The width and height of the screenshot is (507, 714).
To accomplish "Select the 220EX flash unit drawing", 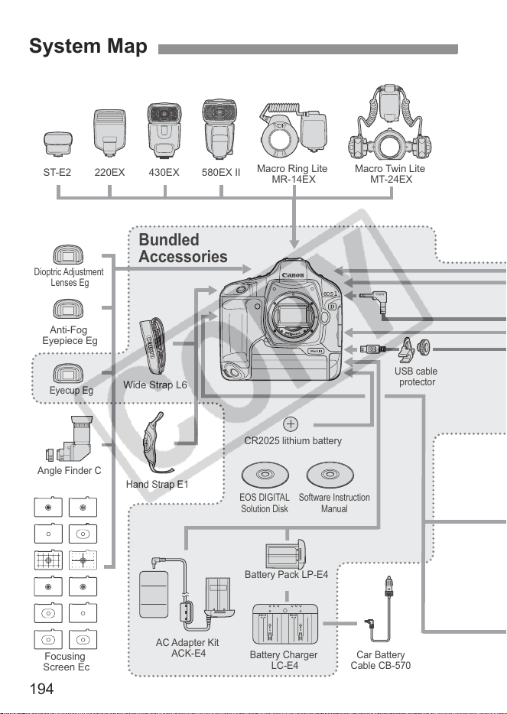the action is click(x=109, y=133).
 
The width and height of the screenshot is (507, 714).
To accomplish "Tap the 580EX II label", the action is click(x=221, y=173).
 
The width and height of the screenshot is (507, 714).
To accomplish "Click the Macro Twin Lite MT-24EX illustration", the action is click(x=390, y=122).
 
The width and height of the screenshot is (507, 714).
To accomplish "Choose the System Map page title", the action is click(x=89, y=47).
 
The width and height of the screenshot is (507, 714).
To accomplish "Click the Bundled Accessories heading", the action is click(x=183, y=248).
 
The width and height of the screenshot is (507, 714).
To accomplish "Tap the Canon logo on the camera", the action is click(x=293, y=274).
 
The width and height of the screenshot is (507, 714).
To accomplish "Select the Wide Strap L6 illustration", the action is click(x=153, y=346).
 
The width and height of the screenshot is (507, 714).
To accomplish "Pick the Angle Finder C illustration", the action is click(x=70, y=440).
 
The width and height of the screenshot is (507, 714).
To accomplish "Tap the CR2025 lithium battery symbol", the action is click(x=291, y=424).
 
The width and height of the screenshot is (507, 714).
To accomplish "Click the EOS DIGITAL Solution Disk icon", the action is click(x=265, y=475).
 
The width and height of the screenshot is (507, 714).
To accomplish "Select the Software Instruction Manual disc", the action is click(x=330, y=475).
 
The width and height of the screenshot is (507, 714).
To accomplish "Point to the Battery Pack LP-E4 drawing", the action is click(x=286, y=554).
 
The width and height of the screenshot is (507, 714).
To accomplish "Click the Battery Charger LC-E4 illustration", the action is click(x=285, y=625).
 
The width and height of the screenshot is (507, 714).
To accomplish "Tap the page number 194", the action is click(x=41, y=689).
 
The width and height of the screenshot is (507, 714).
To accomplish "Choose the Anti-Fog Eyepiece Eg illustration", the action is click(x=68, y=310).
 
